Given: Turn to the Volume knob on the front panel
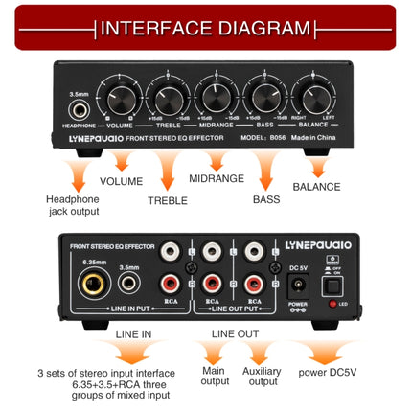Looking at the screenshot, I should [122, 99].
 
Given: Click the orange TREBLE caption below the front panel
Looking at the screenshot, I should [168, 201].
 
